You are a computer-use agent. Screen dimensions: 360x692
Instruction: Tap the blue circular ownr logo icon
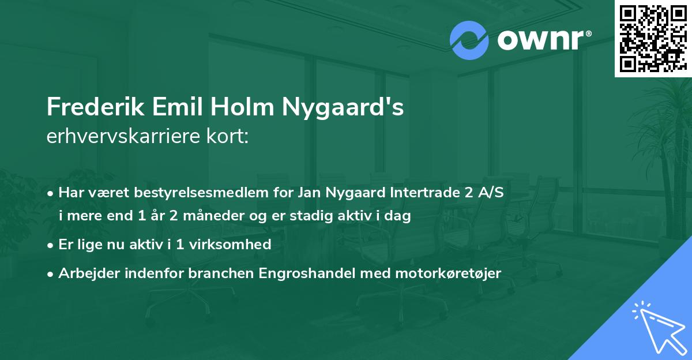tap(469, 40)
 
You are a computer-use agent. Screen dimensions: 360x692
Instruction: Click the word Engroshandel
tap(313, 273)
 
